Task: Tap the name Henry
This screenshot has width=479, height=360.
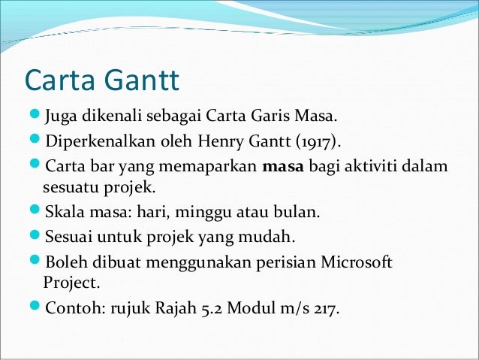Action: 212,141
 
